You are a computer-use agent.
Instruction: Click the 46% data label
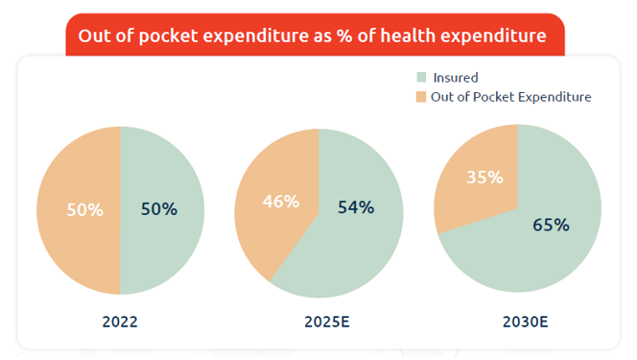[x=280, y=202]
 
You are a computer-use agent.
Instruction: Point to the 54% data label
[x=355, y=206]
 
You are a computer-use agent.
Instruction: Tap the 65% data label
[x=551, y=225]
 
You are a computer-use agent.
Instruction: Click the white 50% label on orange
[x=84, y=209]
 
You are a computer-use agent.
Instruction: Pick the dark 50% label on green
[x=158, y=209]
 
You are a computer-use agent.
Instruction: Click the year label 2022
[x=120, y=323]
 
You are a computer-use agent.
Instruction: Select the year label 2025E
[x=318, y=323]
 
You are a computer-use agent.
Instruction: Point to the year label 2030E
[x=517, y=323]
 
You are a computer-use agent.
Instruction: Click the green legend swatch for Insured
[x=421, y=77]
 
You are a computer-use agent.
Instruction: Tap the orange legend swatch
[x=421, y=97]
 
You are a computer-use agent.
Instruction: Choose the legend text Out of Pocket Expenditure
[x=511, y=97]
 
